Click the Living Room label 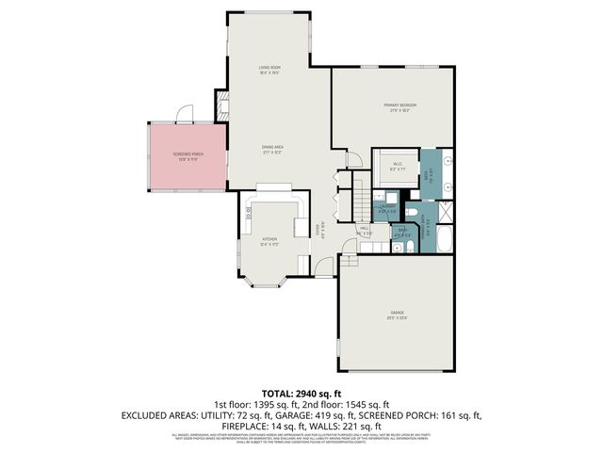tap(272, 70)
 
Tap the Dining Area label tap(273, 149)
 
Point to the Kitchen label tap(271, 242)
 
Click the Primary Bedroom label tap(399, 106)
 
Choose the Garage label tap(397, 314)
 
